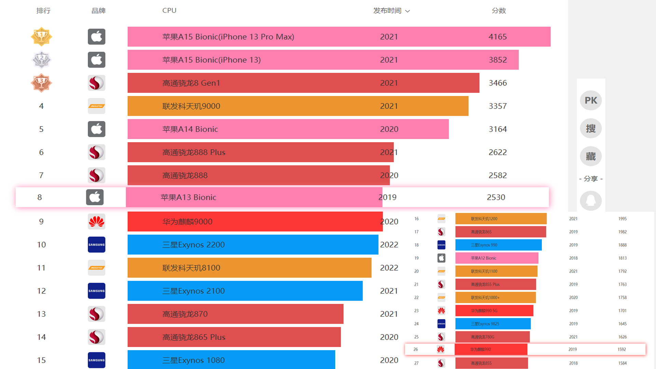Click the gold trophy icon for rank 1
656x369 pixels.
tap(41, 37)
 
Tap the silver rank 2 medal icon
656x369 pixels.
tap(41, 60)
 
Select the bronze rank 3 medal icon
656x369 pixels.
tap(41, 83)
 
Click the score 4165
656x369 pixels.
tap(497, 37)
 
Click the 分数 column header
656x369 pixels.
tap(498, 11)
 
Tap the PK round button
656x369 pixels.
tap(591, 100)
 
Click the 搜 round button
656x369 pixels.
tap(591, 128)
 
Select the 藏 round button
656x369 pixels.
tap(591, 156)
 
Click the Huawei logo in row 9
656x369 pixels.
tap(96, 222)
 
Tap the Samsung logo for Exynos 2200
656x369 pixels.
tap(96, 245)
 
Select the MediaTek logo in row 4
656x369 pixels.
tap(96, 106)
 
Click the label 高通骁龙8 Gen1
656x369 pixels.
tap(191, 83)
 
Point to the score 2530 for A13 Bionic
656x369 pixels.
tap(496, 197)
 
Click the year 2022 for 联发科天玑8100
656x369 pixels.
tap(389, 268)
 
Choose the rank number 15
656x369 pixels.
tap(41, 360)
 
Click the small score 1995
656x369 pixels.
tap(622, 219)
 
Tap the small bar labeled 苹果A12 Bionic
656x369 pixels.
tap(496, 258)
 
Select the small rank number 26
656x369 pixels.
tap(415, 350)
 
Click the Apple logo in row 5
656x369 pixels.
tap(96, 129)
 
